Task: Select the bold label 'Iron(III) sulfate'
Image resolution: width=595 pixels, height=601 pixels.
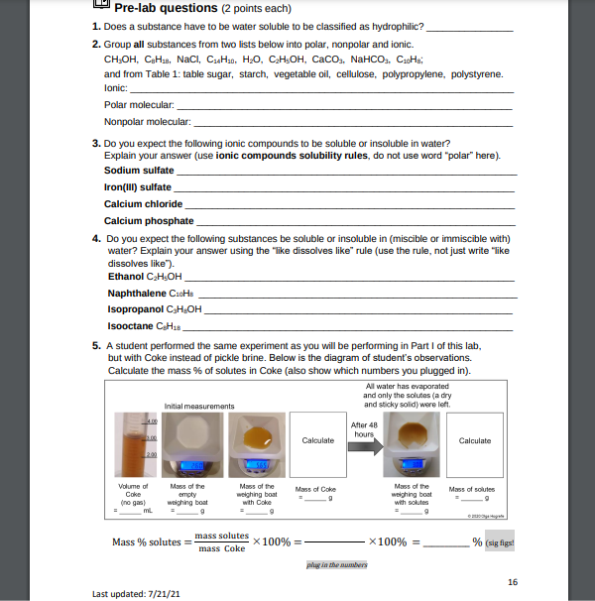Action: (x=138, y=186)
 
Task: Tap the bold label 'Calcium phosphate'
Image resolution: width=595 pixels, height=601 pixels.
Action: (x=149, y=220)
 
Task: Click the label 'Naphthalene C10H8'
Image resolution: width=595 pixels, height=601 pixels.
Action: (x=150, y=294)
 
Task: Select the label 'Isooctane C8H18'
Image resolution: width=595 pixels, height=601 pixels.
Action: (x=143, y=325)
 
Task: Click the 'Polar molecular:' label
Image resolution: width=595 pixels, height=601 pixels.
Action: (x=139, y=104)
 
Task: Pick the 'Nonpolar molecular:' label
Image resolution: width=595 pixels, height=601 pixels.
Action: (x=146, y=121)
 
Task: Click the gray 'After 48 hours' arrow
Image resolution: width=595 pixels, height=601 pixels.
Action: (x=364, y=440)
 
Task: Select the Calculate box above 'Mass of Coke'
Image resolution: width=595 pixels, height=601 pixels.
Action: (x=317, y=440)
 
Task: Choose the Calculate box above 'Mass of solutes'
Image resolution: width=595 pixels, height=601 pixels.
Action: (x=474, y=440)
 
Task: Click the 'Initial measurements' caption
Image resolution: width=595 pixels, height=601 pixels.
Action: (x=198, y=406)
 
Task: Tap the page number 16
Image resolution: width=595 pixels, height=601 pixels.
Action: (x=512, y=581)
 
